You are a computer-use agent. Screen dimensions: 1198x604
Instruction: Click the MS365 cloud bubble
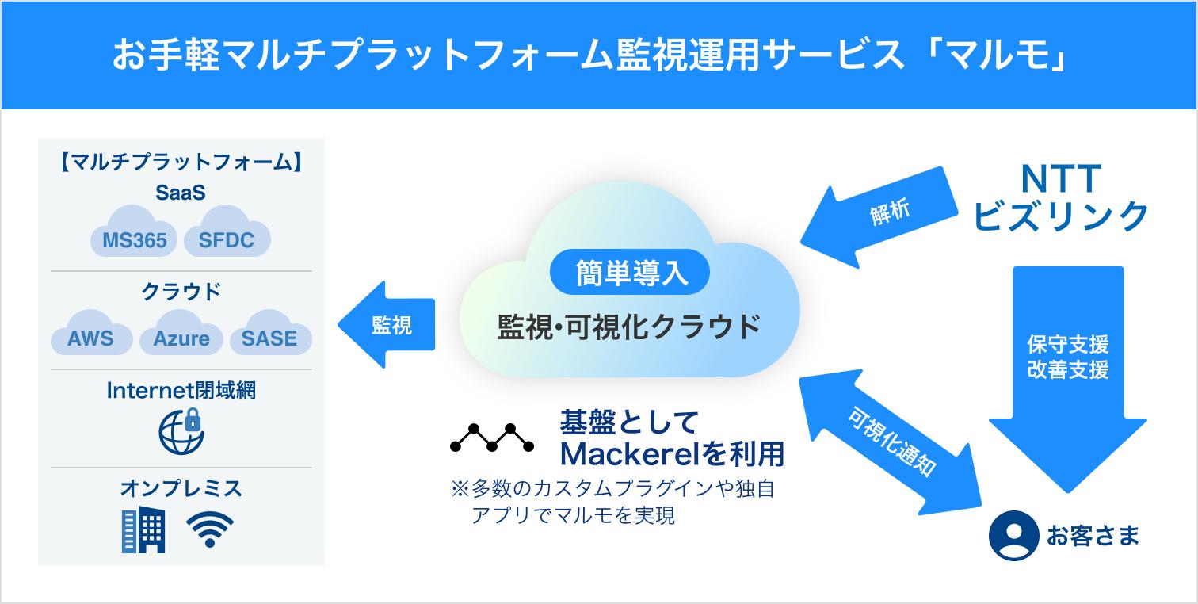pyautogui.click(x=134, y=233)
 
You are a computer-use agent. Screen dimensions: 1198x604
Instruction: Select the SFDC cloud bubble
pyautogui.click(x=227, y=233)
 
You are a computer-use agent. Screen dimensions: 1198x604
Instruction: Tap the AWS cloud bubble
pyautogui.click(x=91, y=333)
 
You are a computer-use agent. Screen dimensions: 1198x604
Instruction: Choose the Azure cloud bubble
pyautogui.click(x=181, y=333)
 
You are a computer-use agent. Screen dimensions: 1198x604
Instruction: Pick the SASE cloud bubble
pyautogui.click(x=271, y=333)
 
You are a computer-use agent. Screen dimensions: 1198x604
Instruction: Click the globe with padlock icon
pyautogui.click(x=181, y=431)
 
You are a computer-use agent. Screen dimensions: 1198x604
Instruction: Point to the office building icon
pyautogui.click(x=143, y=529)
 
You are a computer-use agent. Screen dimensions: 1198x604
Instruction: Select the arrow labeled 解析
pyautogui.click(x=879, y=217)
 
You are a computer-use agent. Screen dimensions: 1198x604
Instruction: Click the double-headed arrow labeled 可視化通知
pyautogui.click(x=890, y=442)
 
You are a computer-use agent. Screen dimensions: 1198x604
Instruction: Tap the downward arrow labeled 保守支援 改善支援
pyautogui.click(x=1068, y=380)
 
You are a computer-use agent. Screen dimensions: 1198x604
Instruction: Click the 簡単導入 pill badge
pyautogui.click(x=630, y=273)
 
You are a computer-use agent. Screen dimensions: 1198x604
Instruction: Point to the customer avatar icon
pyautogui.click(x=1014, y=536)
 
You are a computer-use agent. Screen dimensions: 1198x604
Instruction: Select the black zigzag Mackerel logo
pyautogui.click(x=492, y=438)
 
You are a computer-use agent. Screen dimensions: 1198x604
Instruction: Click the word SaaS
pyautogui.click(x=181, y=193)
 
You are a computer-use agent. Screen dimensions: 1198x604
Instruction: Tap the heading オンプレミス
pyautogui.click(x=181, y=488)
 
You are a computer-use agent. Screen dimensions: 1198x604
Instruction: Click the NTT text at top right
pyautogui.click(x=1061, y=178)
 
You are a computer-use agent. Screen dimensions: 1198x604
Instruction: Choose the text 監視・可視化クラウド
pyautogui.click(x=629, y=327)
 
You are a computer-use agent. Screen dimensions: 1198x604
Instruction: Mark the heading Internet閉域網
pyautogui.click(x=181, y=391)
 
